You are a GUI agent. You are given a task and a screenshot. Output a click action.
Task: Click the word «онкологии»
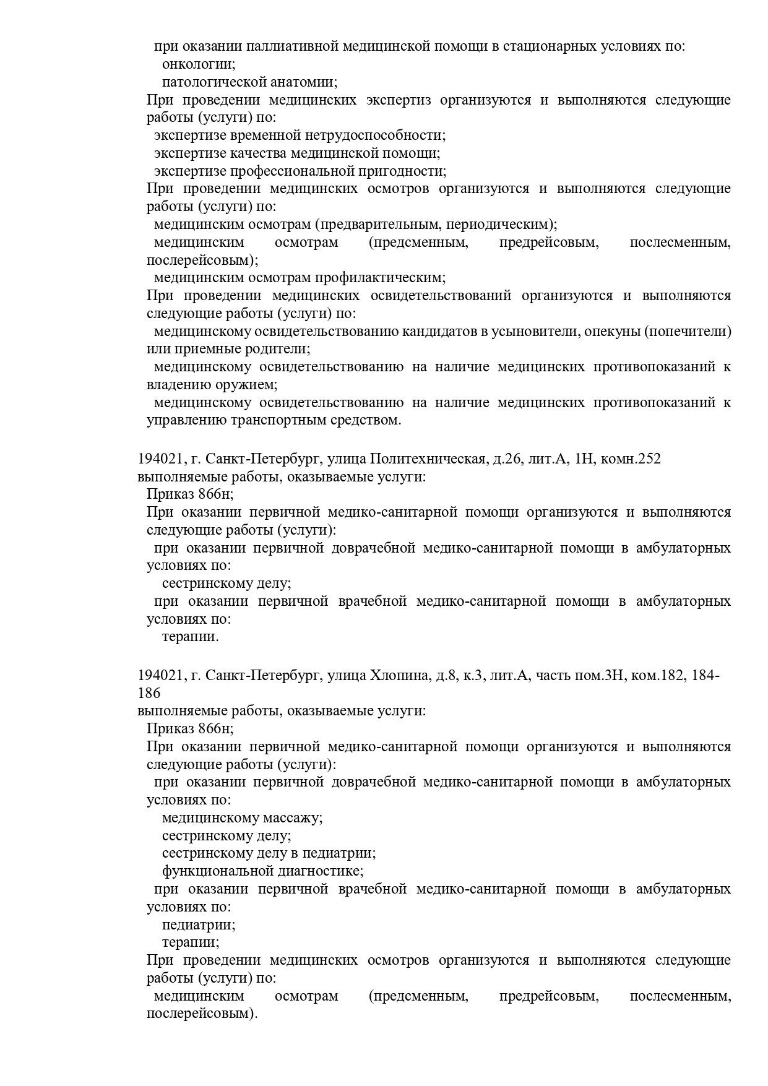click(x=198, y=64)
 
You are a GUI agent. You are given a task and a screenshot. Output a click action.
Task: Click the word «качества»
click(x=257, y=153)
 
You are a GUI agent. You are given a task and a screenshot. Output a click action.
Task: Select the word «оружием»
click(x=248, y=385)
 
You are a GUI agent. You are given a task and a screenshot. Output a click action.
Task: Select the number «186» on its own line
click(x=149, y=693)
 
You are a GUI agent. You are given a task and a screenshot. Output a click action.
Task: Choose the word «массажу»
click(x=293, y=818)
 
